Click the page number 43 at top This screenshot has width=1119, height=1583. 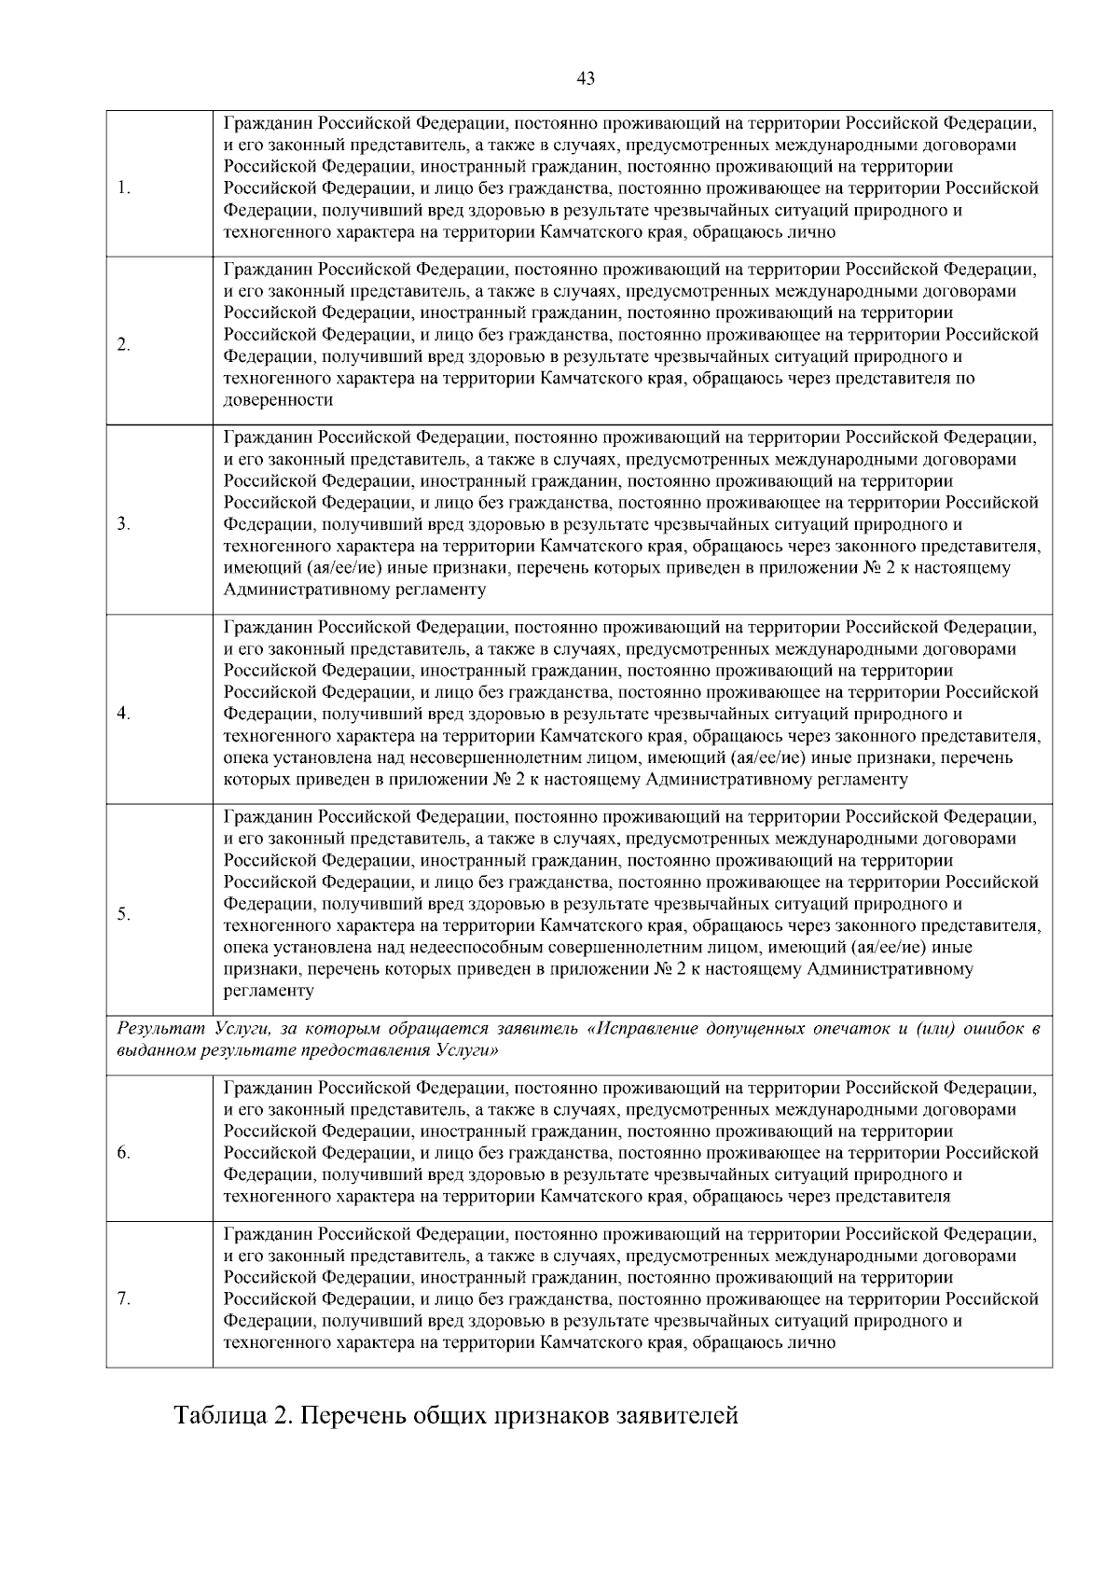click(586, 78)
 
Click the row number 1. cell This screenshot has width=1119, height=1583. click(124, 188)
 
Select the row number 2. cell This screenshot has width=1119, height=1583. click(124, 345)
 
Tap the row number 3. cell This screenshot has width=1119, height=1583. click(124, 524)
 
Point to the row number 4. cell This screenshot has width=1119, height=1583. click(124, 714)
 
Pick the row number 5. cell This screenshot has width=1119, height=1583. click(124, 914)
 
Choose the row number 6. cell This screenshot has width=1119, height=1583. click(124, 1153)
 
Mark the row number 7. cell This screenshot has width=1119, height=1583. click(124, 1299)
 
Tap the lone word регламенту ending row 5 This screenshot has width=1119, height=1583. click(269, 991)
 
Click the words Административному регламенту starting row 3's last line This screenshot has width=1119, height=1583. click(355, 590)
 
